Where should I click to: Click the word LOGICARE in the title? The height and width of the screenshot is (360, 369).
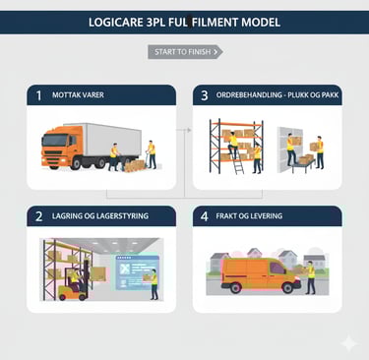tap(116, 23)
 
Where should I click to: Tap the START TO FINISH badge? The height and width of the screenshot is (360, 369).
tap(185, 52)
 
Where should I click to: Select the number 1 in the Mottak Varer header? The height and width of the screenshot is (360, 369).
tap(39, 95)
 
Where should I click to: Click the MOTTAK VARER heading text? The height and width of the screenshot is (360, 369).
tap(78, 95)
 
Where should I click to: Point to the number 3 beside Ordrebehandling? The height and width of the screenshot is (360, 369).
tap(205, 95)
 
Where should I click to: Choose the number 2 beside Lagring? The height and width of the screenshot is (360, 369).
tap(39, 216)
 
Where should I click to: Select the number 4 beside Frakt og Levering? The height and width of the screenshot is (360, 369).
tap(205, 216)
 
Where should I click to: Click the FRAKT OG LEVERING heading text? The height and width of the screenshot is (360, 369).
tap(249, 216)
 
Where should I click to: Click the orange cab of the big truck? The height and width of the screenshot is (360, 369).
tap(62, 147)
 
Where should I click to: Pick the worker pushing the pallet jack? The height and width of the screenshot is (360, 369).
tap(152, 154)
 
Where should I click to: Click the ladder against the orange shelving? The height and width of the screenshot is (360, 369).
tap(237, 159)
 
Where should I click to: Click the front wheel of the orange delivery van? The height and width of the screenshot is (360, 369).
tap(287, 287)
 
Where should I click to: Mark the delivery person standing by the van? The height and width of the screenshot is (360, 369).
tap(310, 277)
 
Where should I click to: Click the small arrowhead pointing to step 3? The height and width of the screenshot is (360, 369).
tap(189, 130)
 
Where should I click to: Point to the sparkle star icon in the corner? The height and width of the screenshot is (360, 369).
tap(349, 343)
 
